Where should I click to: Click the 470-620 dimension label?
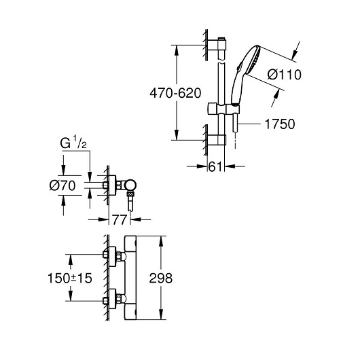point(175,93)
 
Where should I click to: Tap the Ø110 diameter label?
point(284,75)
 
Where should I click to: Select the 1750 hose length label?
point(280,124)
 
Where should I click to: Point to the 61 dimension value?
point(215,166)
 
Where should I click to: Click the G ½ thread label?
point(73,143)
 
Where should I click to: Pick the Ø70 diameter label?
point(62,185)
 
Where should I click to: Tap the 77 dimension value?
point(119,220)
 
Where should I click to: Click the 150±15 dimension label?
point(69,278)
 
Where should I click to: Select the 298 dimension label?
point(160,278)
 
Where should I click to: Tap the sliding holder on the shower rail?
point(223,109)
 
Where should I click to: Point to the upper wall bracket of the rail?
point(217,44)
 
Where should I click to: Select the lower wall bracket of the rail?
point(217,140)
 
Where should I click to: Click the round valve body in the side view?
point(130,185)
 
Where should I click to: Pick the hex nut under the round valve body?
point(130,195)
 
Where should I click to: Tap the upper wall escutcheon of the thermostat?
point(112,256)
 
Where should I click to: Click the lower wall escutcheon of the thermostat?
point(112,299)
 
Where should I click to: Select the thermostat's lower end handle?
point(130,311)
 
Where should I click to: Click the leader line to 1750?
point(249,124)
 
